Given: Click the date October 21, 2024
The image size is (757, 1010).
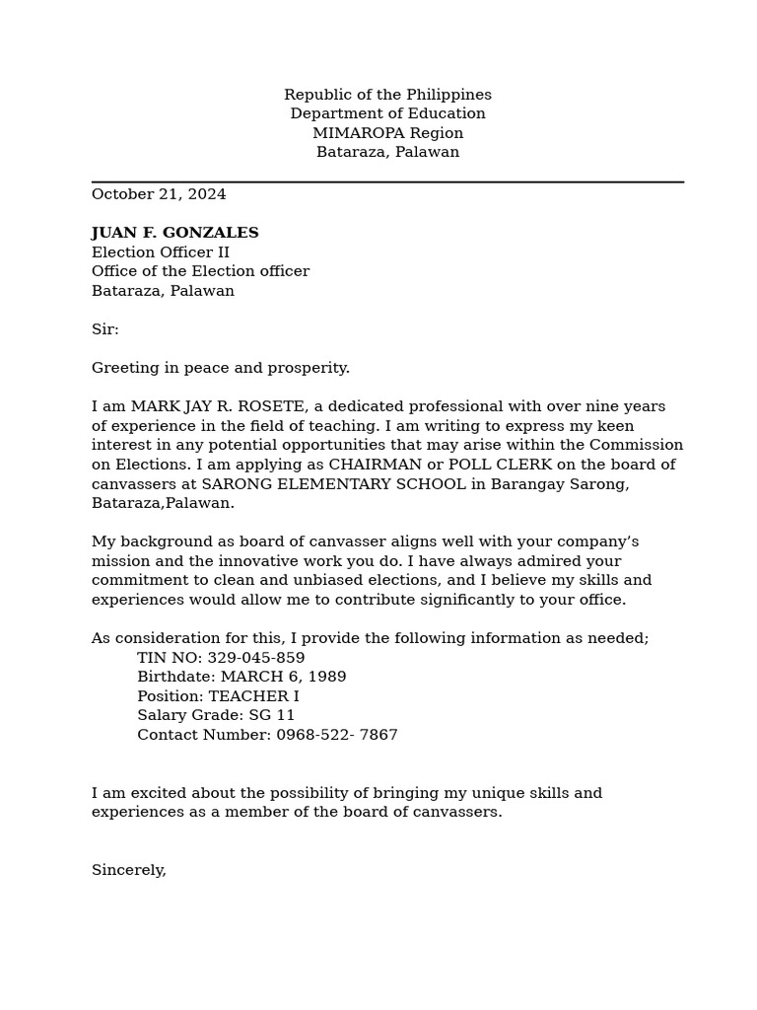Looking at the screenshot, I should tap(159, 194).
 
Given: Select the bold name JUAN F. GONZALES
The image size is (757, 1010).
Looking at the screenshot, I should tap(174, 233).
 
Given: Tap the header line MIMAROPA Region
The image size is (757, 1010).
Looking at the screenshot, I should tap(387, 133).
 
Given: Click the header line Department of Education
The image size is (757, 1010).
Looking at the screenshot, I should tap(387, 113).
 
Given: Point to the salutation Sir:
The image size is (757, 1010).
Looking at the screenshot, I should tap(104, 329).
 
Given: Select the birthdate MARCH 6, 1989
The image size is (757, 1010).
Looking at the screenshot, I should tap(283, 677).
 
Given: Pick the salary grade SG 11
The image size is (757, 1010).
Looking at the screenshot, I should tap(271, 715).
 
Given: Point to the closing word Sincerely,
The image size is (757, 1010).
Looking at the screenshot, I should tap(129, 870).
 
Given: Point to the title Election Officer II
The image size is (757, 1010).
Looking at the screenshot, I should tap(160, 252).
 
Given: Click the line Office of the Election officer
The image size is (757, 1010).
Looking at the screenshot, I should tap(200, 271).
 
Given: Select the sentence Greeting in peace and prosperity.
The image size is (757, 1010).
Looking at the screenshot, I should tap(221, 368).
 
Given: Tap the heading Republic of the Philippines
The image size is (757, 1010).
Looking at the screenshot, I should tap(387, 95).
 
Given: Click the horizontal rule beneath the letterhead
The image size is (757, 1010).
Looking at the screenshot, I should tap(387, 181).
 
